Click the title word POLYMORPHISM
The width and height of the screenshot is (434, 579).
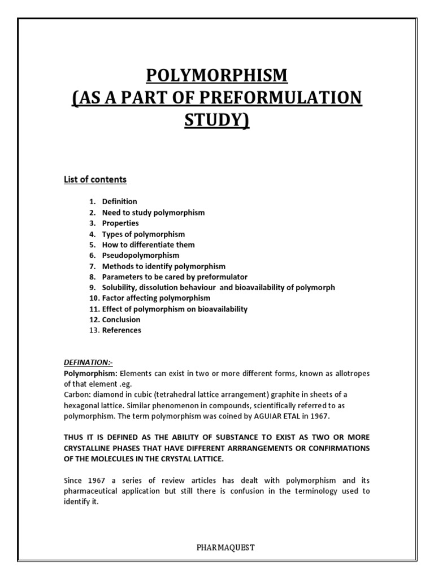coord(217,75)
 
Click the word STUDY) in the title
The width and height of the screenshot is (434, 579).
coord(217,120)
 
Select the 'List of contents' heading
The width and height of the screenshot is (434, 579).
coord(95,180)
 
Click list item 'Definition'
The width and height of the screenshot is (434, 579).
coord(119,201)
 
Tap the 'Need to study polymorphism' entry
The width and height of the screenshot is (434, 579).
coord(153,213)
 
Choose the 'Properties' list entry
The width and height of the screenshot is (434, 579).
coord(120,223)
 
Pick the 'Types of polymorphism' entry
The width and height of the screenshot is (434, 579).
coord(143,234)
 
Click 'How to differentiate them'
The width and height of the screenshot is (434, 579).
coord(148,245)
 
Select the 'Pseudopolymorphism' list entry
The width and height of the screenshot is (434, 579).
coord(140,256)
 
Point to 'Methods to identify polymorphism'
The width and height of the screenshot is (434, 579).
coord(163,266)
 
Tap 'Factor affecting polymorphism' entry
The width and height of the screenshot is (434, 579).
coord(156,298)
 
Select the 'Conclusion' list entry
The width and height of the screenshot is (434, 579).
coord(121,319)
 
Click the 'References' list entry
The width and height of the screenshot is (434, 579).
coord(121,330)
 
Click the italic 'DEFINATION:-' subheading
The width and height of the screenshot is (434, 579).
coord(88,362)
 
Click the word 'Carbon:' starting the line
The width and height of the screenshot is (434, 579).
coord(76,395)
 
